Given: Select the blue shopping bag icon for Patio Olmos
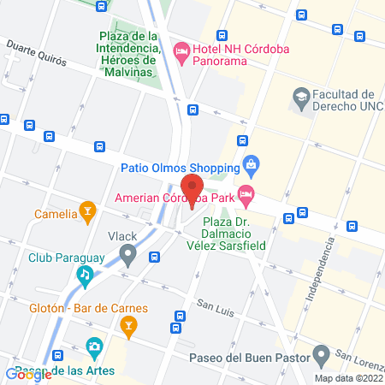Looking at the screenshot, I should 251,164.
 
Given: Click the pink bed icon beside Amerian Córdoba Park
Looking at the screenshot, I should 246,196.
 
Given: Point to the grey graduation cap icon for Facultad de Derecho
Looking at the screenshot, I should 300,95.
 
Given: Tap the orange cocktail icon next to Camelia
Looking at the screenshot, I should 86,210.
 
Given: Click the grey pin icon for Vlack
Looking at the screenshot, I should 128,254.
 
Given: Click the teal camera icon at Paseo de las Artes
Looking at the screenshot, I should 94,348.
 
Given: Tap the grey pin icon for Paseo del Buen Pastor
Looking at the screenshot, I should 322,353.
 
